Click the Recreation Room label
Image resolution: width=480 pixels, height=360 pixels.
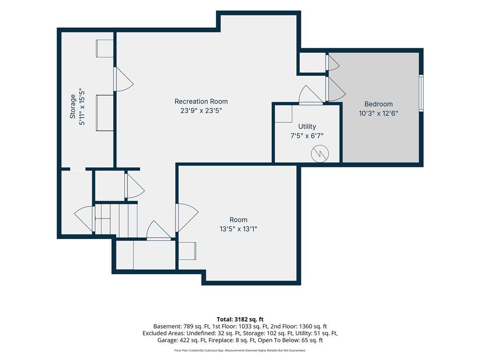pos(201,101)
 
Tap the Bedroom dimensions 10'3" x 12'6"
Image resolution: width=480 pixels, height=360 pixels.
pos(378,113)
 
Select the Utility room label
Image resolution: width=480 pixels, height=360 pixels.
pos(307,127)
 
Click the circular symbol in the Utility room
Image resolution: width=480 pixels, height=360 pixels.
pos(320,153)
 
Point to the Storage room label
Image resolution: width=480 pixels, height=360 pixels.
pos(73,106)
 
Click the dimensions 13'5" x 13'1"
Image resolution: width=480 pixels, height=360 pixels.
pos(238,229)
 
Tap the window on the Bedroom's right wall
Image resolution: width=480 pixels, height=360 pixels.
pos(421,93)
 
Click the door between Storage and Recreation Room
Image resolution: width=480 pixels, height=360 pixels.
pos(123,79)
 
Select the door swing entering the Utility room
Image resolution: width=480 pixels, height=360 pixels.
pos(310,95)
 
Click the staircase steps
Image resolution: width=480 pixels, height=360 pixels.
pos(116,220)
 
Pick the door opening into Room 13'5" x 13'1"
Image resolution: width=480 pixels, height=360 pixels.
pos(187,217)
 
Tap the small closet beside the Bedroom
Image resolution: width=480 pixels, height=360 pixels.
pos(312,63)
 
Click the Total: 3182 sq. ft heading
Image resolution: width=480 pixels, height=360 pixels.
pos(240,320)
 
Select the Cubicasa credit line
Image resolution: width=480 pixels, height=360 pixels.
pos(240,350)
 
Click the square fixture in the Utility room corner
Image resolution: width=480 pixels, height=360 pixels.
pos(283,114)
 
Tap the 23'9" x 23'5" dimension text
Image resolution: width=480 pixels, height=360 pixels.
pos(201,111)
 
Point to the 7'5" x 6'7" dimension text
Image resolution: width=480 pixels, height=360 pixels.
pos(307,135)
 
